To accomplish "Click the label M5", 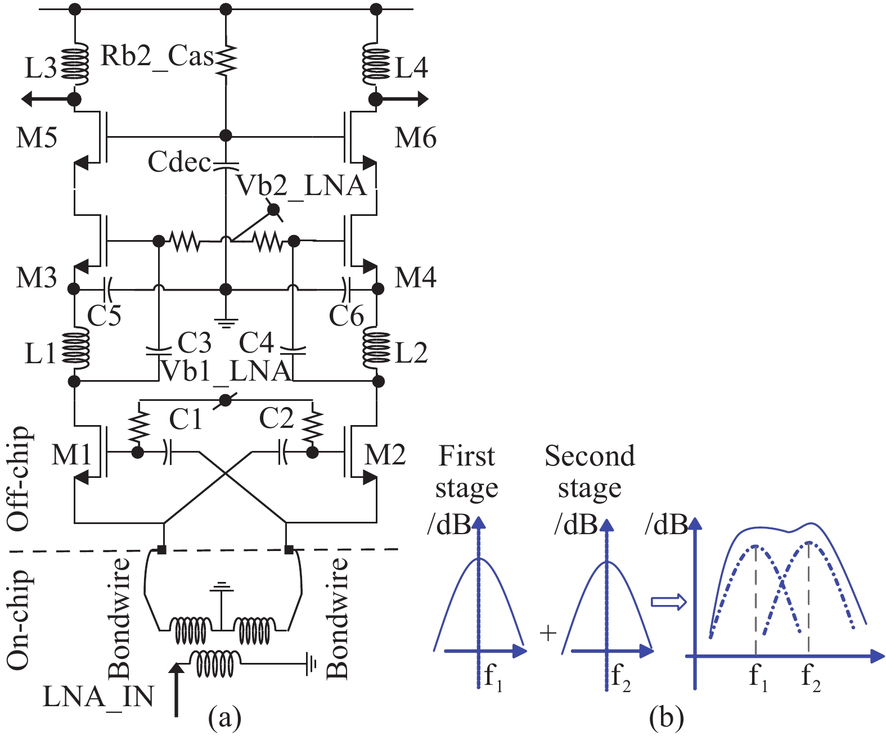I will [x=37, y=137].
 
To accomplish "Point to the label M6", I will [x=415, y=137].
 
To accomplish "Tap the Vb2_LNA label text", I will [x=301, y=186].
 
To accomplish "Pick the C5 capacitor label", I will [x=104, y=315].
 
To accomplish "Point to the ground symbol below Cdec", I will [x=226, y=323].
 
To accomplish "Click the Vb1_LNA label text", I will [x=226, y=371].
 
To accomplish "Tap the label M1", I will [x=71, y=454].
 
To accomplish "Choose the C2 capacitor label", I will [x=276, y=419].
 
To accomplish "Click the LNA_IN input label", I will [x=98, y=697].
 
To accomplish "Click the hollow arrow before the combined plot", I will [x=669, y=602].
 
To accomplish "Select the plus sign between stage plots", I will [x=547, y=634].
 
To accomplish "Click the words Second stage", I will [x=590, y=471].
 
